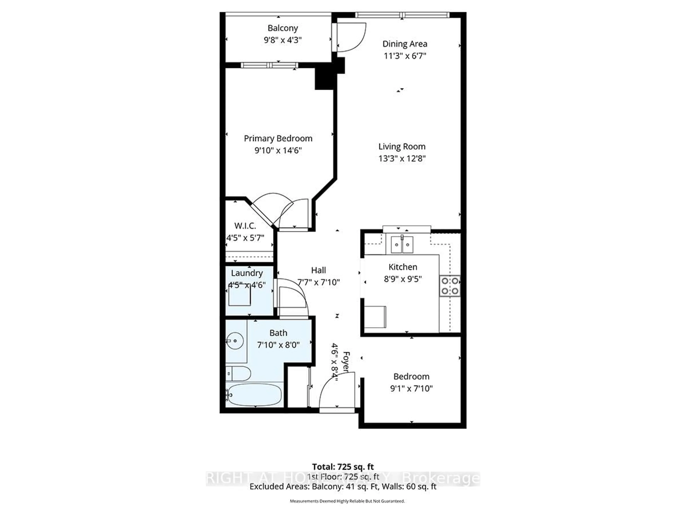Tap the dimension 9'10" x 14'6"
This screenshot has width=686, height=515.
[278, 151]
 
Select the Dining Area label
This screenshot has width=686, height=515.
[405, 44]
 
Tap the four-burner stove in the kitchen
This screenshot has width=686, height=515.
[450, 286]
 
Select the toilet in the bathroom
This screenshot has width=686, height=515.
[238, 373]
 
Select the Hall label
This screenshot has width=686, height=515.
[319, 270]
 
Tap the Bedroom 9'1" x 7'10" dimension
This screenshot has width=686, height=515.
[411, 389]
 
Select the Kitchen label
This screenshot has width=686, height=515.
[402, 267]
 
